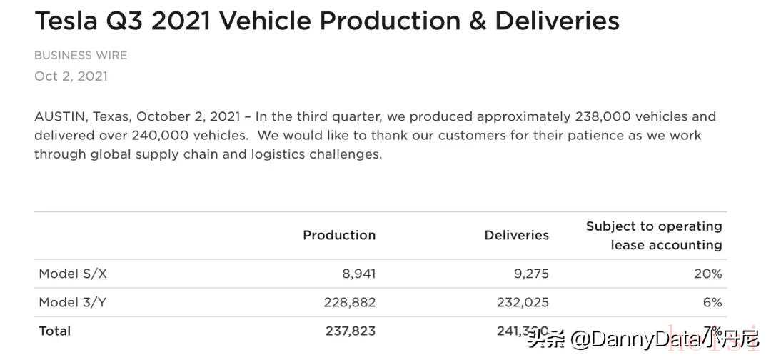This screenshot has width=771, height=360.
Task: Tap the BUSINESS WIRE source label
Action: (x=81, y=55)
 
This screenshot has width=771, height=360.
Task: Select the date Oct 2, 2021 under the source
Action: (x=71, y=76)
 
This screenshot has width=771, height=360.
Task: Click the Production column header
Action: (x=339, y=235)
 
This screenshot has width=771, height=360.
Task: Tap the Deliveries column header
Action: (x=516, y=235)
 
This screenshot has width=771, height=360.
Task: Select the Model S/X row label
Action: (x=73, y=274)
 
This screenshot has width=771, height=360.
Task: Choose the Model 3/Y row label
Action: (x=73, y=302)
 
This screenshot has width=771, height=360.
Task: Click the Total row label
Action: (x=55, y=331)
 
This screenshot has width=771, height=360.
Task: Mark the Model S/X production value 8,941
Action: (x=358, y=274)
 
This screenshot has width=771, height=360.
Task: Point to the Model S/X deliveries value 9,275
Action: (x=532, y=274)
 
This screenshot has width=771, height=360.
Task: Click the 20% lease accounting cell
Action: (x=708, y=274)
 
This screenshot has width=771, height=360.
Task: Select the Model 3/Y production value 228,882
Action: (x=349, y=302)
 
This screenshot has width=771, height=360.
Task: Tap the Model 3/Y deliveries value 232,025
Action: (x=523, y=302)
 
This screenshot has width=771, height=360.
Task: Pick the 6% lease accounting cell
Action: (x=712, y=302)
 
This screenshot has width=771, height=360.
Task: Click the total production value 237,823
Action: (x=349, y=331)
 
